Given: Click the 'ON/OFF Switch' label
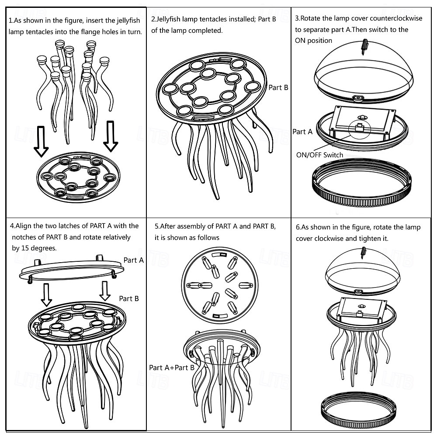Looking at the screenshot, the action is tap(319, 155).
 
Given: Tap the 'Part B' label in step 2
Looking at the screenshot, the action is tap(278, 87).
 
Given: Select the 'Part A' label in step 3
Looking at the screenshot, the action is tap(302, 132).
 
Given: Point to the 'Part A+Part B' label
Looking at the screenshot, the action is tap(172, 368).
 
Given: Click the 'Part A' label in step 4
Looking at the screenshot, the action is tap(133, 260).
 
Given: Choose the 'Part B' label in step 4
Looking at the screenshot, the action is tap(129, 298).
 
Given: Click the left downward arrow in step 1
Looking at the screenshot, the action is tap(41, 141).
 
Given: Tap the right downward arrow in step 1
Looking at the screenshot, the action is tap(111, 136).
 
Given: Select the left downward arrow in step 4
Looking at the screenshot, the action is tap(46, 295).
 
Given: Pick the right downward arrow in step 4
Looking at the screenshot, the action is tap(105, 291).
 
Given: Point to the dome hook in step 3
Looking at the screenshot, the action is tap(364, 47).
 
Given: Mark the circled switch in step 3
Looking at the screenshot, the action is tap(360, 129).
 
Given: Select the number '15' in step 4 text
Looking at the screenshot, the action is tap(25, 248).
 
